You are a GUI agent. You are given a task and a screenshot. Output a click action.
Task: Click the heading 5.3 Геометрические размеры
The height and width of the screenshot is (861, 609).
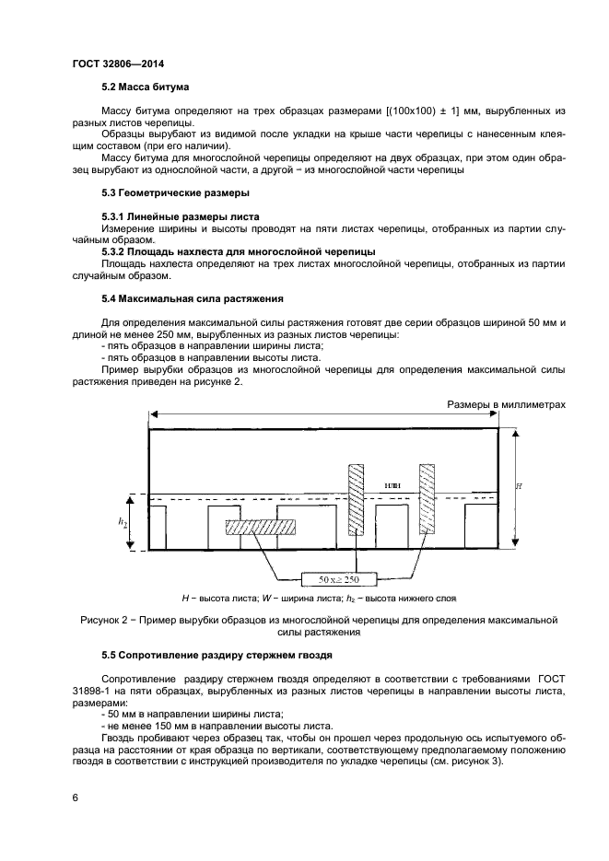pyautogui.click(x=174, y=192)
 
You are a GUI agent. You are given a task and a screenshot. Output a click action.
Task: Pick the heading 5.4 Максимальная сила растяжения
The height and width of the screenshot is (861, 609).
pyautogui.click(x=192, y=298)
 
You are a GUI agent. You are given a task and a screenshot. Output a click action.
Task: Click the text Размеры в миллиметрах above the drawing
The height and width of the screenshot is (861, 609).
pyautogui.click(x=505, y=404)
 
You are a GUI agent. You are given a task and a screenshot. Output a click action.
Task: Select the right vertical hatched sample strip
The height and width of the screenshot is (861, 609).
pyautogui.click(x=427, y=498)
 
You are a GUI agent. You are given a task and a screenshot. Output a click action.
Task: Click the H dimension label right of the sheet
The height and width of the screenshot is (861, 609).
pyautogui.click(x=518, y=485)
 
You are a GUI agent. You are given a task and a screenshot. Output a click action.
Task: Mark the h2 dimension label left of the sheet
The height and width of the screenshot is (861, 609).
pyautogui.click(x=123, y=522)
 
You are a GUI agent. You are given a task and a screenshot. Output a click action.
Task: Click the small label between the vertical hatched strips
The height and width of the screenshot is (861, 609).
pyautogui.click(x=390, y=483)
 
